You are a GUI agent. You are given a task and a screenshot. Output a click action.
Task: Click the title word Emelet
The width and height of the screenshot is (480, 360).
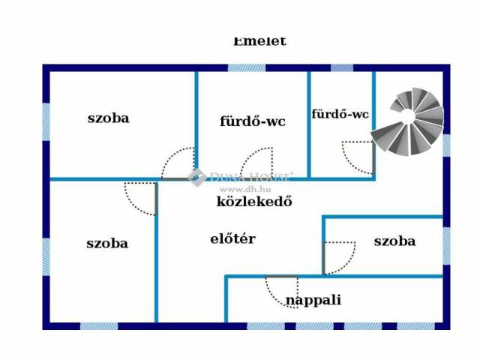tap(259, 41)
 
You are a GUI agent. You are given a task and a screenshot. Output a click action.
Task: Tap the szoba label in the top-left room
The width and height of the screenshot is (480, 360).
tap(108, 118)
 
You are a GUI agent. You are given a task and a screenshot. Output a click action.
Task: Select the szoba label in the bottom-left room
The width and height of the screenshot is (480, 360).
tap(107, 243)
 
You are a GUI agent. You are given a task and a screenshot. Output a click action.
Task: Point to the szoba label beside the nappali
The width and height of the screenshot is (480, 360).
tap(394, 241)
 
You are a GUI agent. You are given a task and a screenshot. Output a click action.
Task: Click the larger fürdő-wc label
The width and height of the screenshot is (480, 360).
tap(252, 121)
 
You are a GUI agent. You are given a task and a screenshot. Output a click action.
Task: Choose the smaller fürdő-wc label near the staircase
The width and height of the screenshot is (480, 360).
tap(340, 114)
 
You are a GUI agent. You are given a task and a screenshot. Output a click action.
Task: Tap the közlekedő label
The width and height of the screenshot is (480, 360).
tap(253, 201)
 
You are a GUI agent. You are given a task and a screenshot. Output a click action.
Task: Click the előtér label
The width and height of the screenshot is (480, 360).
tap(232, 239)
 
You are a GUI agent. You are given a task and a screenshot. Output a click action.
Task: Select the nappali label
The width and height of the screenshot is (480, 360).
tap(313, 300)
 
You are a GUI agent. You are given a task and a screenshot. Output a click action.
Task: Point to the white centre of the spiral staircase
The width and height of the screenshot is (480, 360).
tap(406, 116)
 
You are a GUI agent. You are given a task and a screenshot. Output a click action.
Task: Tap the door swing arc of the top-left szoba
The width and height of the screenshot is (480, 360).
tap(178, 163)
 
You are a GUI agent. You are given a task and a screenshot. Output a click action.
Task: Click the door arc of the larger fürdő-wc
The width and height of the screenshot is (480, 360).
tap(256, 163)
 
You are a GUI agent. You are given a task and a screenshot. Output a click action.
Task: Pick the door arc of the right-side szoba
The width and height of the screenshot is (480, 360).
tap(339, 258)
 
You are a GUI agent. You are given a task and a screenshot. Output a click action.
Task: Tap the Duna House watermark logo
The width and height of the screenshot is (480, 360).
tap(196, 178)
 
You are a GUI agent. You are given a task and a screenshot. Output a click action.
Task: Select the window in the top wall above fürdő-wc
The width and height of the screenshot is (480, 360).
tap(246, 68)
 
